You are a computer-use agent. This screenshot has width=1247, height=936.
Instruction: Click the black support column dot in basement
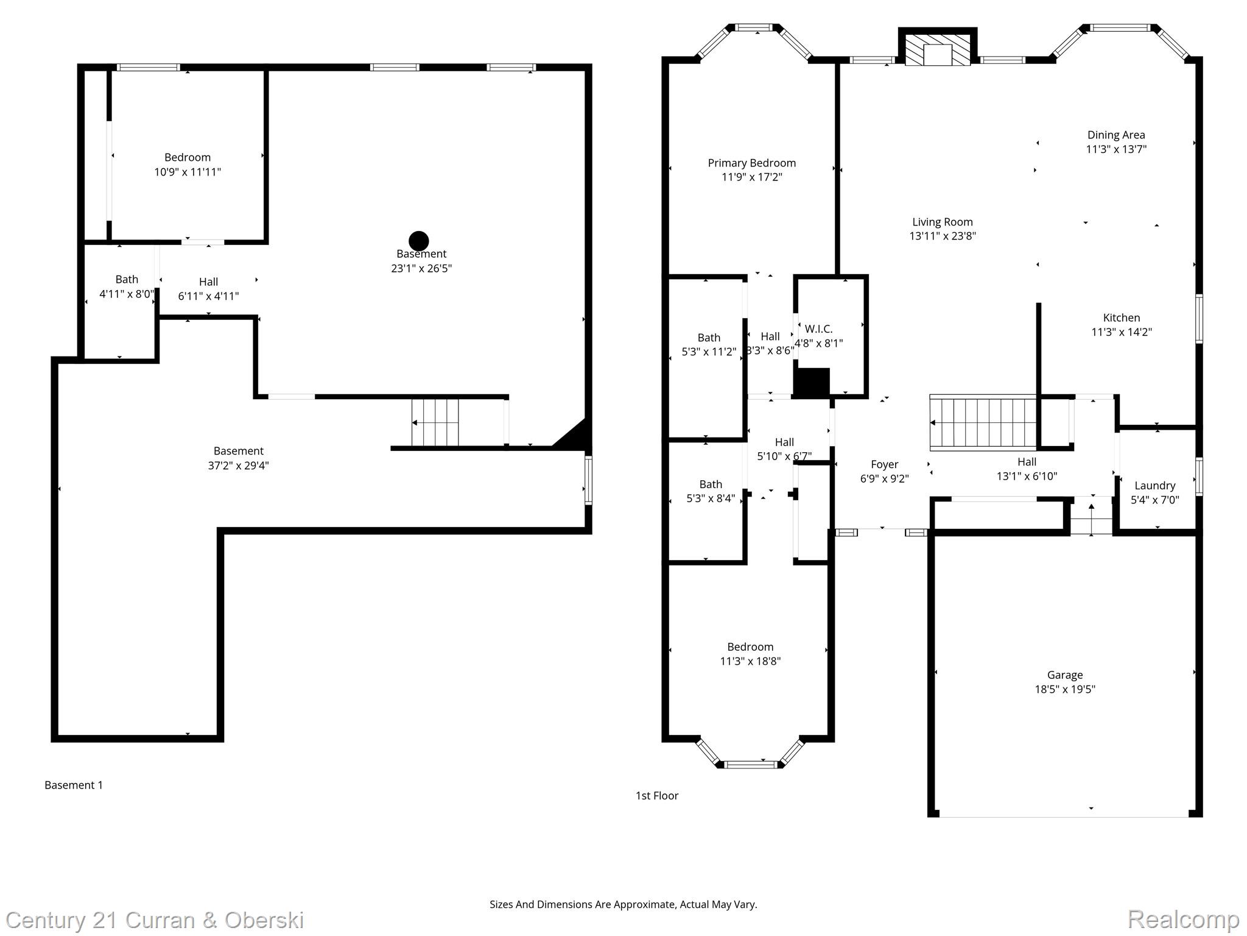point(419,241)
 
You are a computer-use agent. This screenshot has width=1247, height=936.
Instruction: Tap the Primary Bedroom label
point(751,163)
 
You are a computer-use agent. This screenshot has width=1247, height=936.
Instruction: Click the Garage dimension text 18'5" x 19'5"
point(1064,689)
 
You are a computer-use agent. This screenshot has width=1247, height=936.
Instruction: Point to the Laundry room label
point(1154,486)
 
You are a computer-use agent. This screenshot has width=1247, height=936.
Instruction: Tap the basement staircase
point(435,422)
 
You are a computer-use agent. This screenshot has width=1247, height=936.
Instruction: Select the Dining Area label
point(1115,135)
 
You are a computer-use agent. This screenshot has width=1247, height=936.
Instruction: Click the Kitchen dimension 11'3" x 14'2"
point(1121,332)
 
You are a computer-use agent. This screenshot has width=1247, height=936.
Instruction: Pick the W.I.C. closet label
point(818,329)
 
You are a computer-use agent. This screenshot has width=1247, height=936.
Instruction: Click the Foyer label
point(884,465)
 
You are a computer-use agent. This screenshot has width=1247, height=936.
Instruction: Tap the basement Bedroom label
point(188,158)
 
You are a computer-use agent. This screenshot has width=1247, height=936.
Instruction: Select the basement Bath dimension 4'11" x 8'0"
point(127,294)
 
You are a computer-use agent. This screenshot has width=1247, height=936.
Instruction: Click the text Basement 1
point(74,785)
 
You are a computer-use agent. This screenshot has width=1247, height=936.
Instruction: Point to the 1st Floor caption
point(656,795)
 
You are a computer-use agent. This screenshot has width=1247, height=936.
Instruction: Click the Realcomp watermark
point(1183,919)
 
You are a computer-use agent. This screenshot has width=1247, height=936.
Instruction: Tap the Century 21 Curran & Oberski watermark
point(155,920)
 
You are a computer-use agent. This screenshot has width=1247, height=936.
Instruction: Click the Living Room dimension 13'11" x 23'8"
point(942,236)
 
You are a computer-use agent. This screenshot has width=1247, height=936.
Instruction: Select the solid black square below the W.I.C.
point(812,383)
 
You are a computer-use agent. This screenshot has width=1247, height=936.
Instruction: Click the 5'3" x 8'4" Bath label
point(710,484)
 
